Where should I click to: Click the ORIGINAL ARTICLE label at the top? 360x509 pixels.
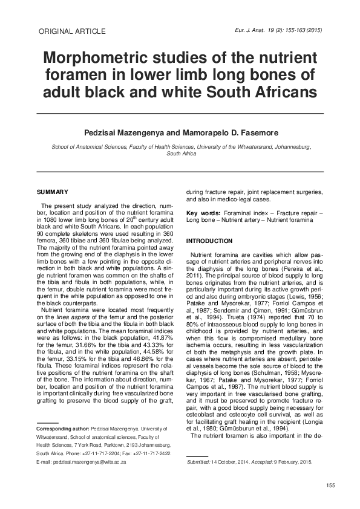[71, 31]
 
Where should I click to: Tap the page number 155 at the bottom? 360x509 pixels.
[330, 486]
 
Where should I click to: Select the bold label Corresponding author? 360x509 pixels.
[63, 428]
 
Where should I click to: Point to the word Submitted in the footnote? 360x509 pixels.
[199, 461]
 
